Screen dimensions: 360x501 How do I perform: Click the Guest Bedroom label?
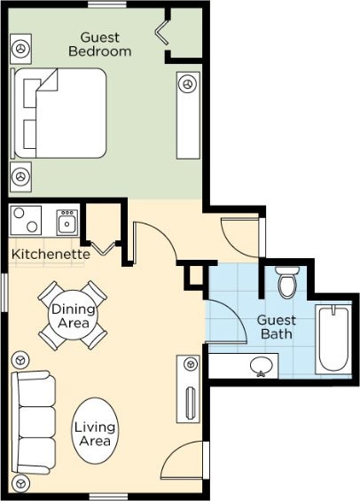100,44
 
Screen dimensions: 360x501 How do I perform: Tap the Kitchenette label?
51,254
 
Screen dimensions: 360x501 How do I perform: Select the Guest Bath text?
277,327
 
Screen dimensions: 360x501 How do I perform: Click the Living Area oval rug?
95,431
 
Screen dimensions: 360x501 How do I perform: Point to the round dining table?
73,316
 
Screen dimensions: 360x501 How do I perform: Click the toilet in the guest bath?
287,281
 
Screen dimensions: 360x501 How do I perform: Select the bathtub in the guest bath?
333,340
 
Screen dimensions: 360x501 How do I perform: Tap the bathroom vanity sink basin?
262,366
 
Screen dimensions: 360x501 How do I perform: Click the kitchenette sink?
67,222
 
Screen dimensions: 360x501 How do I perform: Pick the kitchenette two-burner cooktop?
26,221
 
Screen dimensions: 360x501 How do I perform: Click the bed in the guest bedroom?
59,114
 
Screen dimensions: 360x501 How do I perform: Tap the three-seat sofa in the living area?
33,422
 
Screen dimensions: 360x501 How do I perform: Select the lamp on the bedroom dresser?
187,83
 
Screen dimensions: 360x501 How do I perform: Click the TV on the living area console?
191,403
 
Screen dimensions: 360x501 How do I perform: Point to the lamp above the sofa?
20,360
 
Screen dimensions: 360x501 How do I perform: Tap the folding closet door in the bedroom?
162,31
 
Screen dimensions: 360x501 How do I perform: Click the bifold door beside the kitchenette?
103,248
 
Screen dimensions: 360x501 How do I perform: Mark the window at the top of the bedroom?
107,4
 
